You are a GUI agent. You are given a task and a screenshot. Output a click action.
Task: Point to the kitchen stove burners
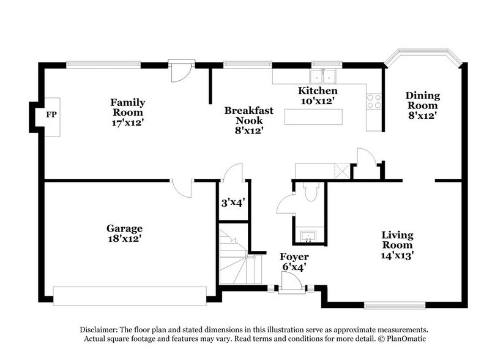[x=374, y=101]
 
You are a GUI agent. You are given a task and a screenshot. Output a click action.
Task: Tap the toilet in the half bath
[x=311, y=193]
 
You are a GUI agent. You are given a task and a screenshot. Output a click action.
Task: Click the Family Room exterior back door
[x=181, y=72]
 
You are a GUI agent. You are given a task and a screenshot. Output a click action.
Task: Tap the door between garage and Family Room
[x=182, y=187]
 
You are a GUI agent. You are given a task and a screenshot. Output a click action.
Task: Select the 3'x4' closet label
[x=233, y=203]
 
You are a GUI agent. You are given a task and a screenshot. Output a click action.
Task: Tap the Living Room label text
[x=397, y=240]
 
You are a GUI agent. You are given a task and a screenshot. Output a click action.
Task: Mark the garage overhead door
[x=130, y=295]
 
